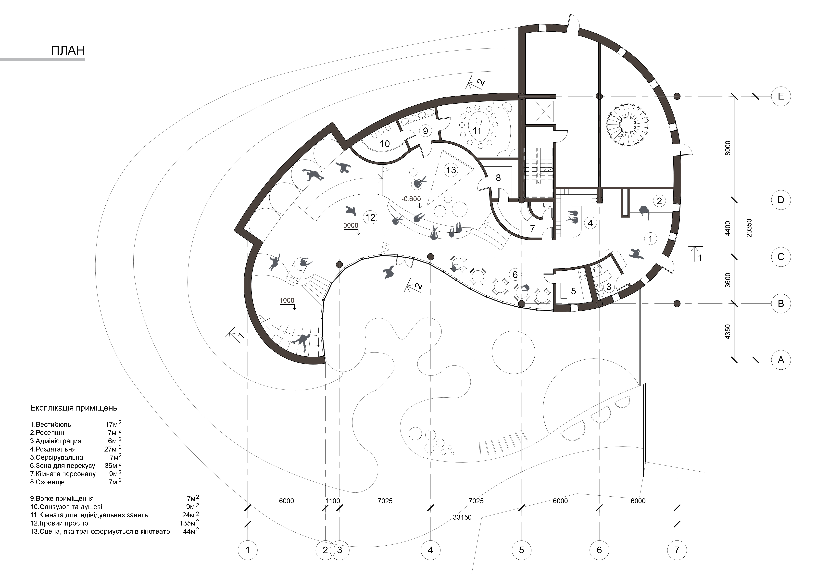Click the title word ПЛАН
68,50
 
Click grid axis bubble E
781,96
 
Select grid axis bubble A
781,360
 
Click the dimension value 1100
333,501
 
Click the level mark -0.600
411,199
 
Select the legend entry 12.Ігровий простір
59,523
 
